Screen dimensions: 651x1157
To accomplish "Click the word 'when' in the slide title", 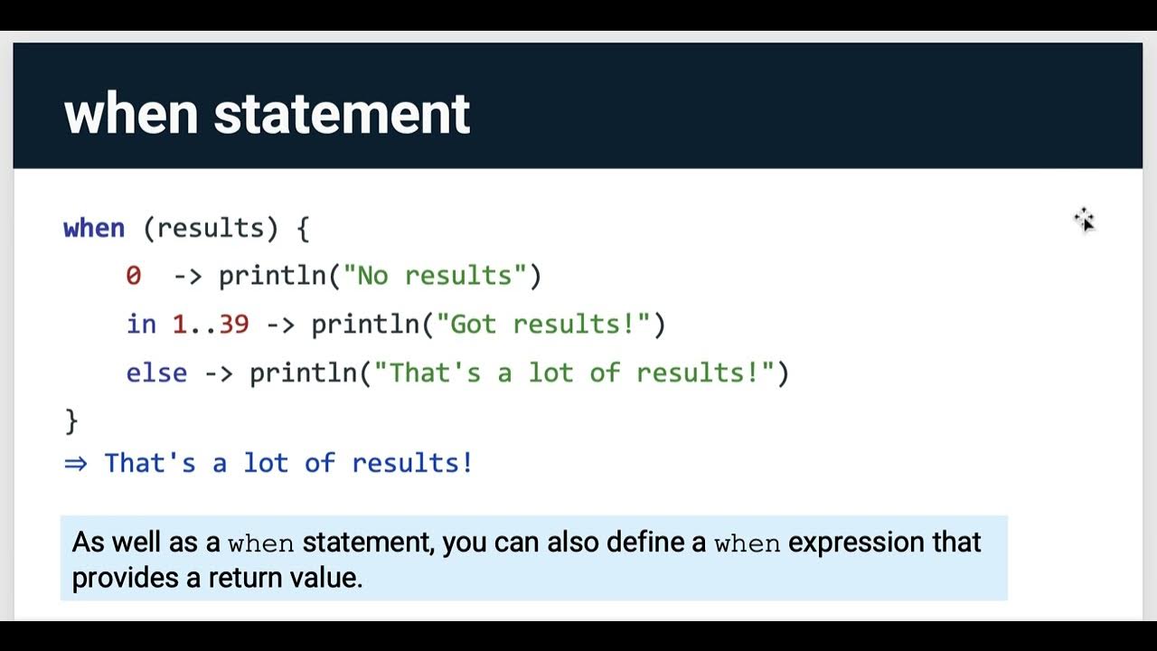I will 130,114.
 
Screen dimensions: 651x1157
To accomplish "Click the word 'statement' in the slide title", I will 342,114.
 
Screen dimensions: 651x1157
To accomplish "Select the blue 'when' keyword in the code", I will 94,228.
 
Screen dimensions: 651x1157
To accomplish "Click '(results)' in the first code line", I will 211,228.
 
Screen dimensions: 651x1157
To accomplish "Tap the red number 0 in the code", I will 134,276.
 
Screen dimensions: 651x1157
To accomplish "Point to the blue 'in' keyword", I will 141,325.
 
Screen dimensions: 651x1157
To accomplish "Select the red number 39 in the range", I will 234,325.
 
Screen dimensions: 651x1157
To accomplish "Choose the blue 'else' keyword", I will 156,373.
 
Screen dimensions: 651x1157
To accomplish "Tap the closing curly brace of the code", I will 71,421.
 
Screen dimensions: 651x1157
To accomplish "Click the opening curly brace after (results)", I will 303,228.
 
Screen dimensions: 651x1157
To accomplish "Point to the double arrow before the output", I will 76,464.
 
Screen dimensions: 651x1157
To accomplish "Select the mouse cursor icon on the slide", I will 1085,220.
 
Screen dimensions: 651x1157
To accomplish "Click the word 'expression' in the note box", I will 857,542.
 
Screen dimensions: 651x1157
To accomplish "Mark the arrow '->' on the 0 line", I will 187,276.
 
